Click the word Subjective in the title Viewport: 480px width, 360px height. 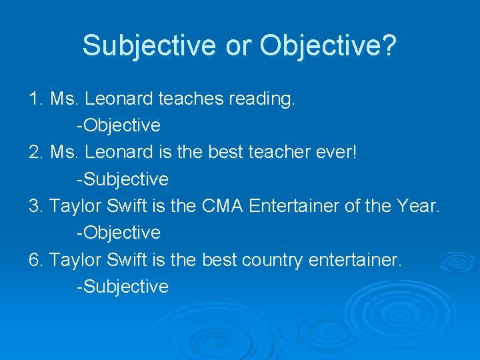pos(149,45)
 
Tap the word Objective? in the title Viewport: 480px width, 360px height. pos(328,45)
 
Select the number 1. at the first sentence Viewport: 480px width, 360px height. pos(37,99)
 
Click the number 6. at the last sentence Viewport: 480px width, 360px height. pos(37,259)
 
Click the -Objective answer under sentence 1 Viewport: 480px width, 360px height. pos(119,126)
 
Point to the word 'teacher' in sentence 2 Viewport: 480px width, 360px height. pos(273,152)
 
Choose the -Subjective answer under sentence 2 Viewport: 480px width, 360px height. pos(123,179)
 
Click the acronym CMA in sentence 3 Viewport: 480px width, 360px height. pos(222,206)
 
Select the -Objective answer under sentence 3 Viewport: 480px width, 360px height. pos(119,233)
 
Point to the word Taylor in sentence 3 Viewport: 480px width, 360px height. pos(73,207)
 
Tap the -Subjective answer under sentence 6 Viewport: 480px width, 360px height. pos(123,287)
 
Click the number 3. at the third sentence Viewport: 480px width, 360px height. pos(37,206)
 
